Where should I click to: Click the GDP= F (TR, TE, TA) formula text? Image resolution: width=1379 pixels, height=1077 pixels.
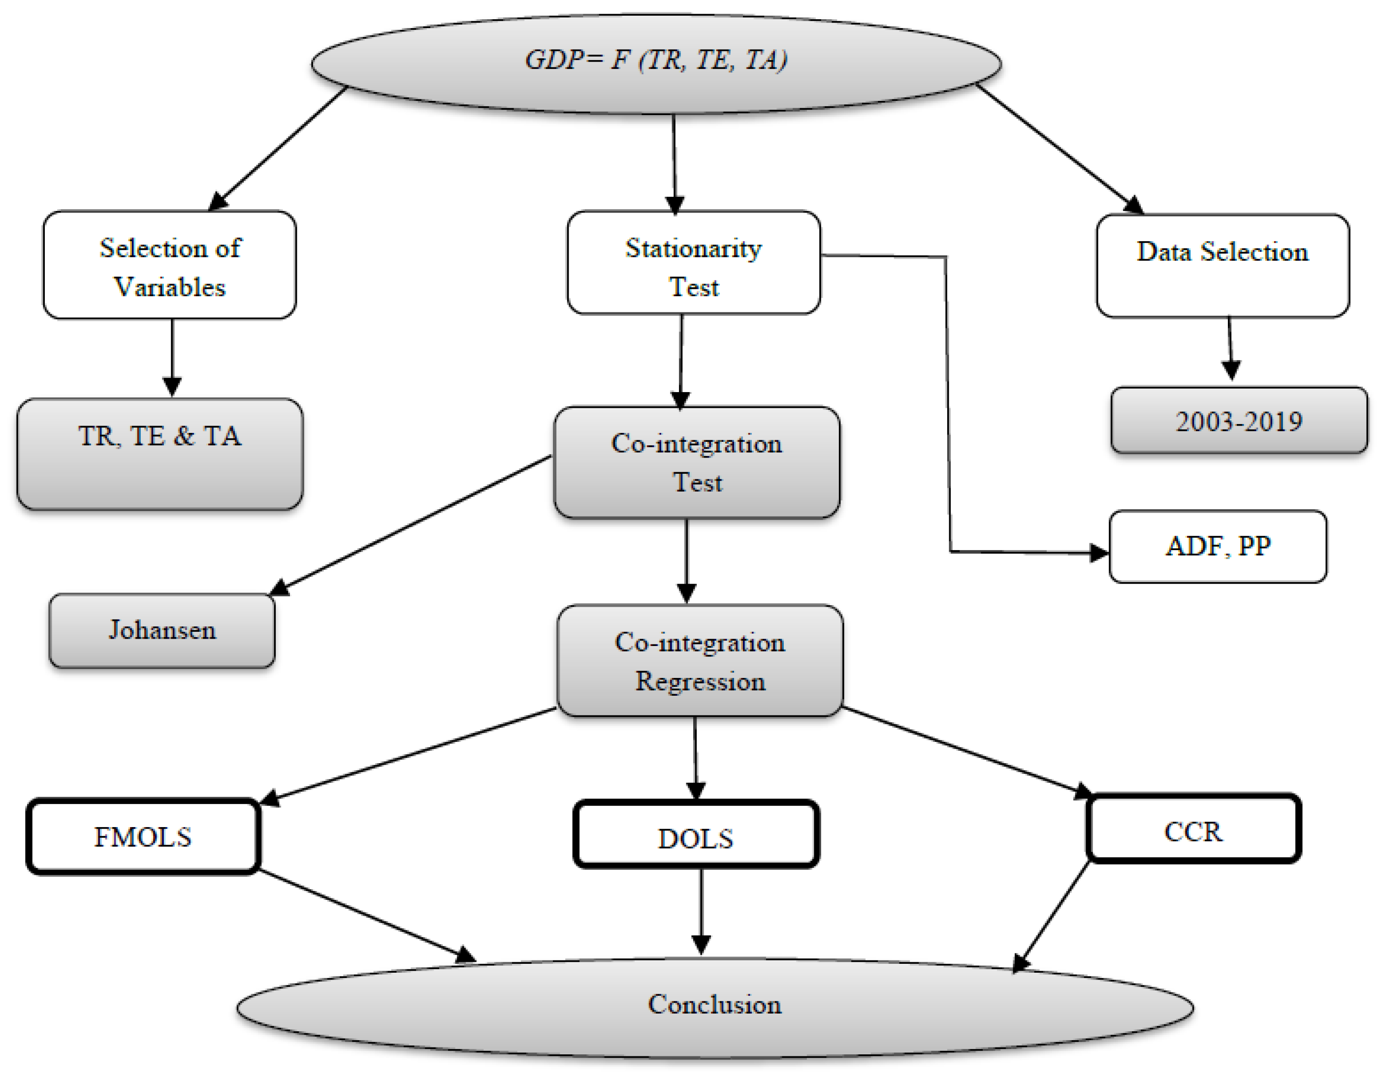656,61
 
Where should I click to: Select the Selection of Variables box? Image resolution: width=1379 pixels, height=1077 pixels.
169,266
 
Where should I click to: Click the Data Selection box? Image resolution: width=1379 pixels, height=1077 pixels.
1222,266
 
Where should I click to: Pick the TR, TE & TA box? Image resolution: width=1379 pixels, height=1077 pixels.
160,454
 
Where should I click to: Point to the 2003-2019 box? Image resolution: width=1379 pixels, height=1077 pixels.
1239,421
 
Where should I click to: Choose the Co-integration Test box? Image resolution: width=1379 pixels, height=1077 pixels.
697,462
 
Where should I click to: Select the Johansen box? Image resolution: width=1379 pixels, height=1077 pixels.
162,630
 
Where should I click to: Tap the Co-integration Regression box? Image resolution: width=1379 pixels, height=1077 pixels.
700,661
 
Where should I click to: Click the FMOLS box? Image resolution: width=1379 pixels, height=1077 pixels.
143,836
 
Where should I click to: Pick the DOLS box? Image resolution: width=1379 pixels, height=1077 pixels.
696,835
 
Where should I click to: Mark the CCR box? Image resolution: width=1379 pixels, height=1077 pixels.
1193,829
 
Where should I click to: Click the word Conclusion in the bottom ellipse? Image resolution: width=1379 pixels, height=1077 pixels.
714,1005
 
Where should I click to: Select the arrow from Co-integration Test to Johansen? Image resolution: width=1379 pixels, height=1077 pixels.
411,525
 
